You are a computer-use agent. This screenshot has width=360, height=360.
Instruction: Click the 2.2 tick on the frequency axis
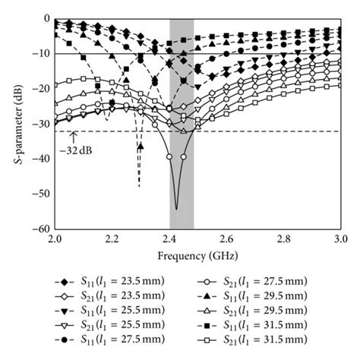pyautogui.click(x=112, y=239)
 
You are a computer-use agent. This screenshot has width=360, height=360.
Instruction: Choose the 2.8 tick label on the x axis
pyautogui.click(x=283, y=239)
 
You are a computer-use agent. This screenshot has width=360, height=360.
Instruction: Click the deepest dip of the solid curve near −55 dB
pyautogui.click(x=176, y=208)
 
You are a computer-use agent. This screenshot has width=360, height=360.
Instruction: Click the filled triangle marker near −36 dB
pyautogui.click(x=140, y=146)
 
